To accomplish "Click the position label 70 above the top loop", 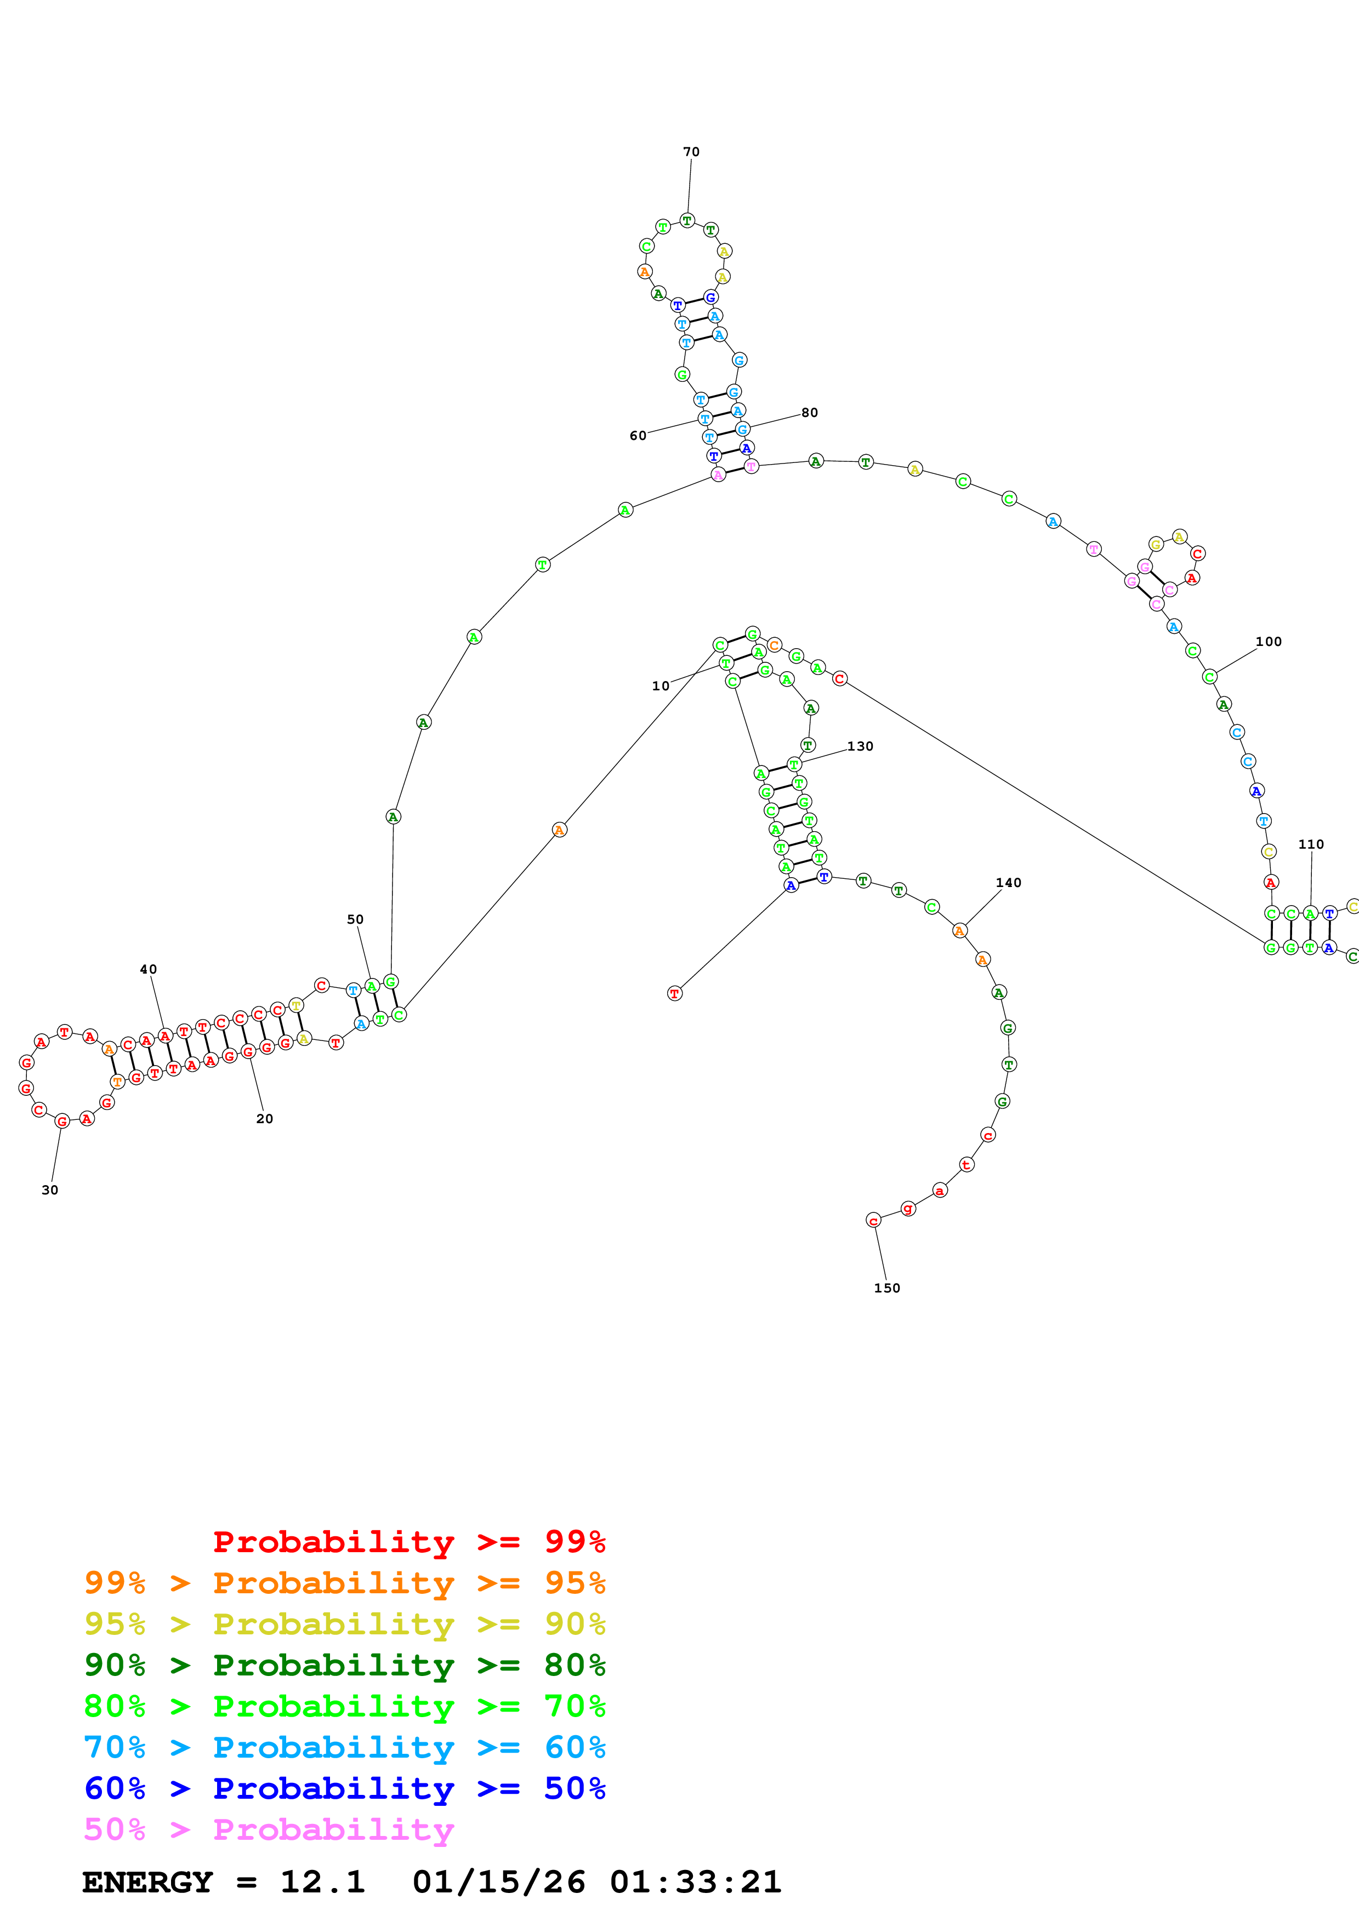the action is [691, 152].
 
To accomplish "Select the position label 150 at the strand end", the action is [887, 1288].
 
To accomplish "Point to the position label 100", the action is [1268, 641].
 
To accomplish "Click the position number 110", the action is [1310, 844].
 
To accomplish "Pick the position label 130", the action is [860, 746].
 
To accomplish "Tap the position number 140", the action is [1008, 882].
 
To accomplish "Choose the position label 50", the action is [355, 919].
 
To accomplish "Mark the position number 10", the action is [661, 685].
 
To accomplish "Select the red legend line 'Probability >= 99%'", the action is [408, 1541].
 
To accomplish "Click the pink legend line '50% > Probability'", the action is [269, 1829].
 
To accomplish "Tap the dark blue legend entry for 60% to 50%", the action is [344, 1788].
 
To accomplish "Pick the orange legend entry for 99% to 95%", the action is [344, 1583].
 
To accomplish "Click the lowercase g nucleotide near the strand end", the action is [908, 1208].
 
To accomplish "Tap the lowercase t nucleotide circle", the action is [966, 1164].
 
